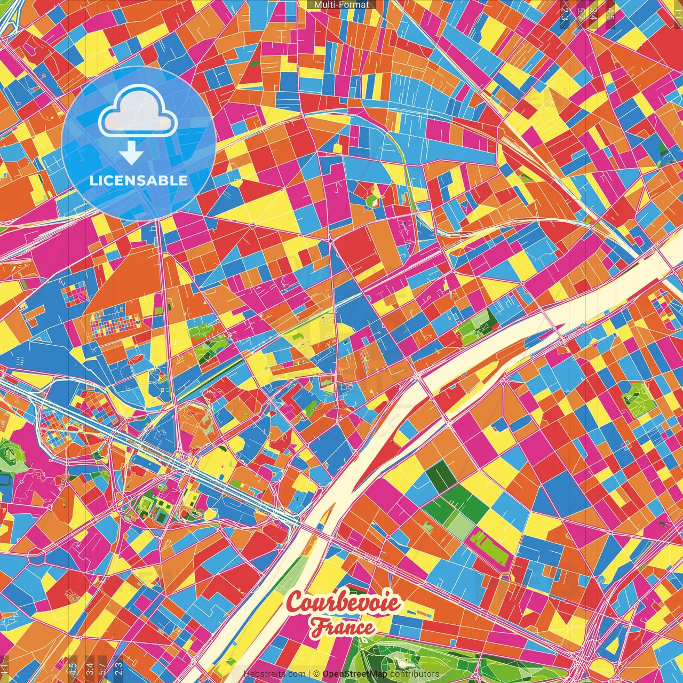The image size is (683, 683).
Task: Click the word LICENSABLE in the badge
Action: pyautogui.click(x=139, y=180)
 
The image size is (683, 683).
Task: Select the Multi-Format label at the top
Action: pyautogui.click(x=341, y=5)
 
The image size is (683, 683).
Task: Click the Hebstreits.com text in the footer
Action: pyautogui.click(x=275, y=674)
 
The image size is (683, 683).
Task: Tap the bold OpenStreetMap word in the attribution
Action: pyautogui.click(x=355, y=674)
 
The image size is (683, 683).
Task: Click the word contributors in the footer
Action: pyautogui.click(x=415, y=674)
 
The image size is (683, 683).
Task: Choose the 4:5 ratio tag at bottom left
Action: pyautogui.click(x=73, y=669)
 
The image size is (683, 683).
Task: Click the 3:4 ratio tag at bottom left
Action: pyautogui.click(x=90, y=669)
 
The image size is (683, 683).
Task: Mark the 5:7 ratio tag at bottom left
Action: pyautogui.click(x=102, y=669)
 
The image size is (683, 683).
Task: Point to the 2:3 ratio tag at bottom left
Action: pyautogui.click(x=118, y=669)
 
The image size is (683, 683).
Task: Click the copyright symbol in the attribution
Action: pyautogui.click(x=316, y=674)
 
